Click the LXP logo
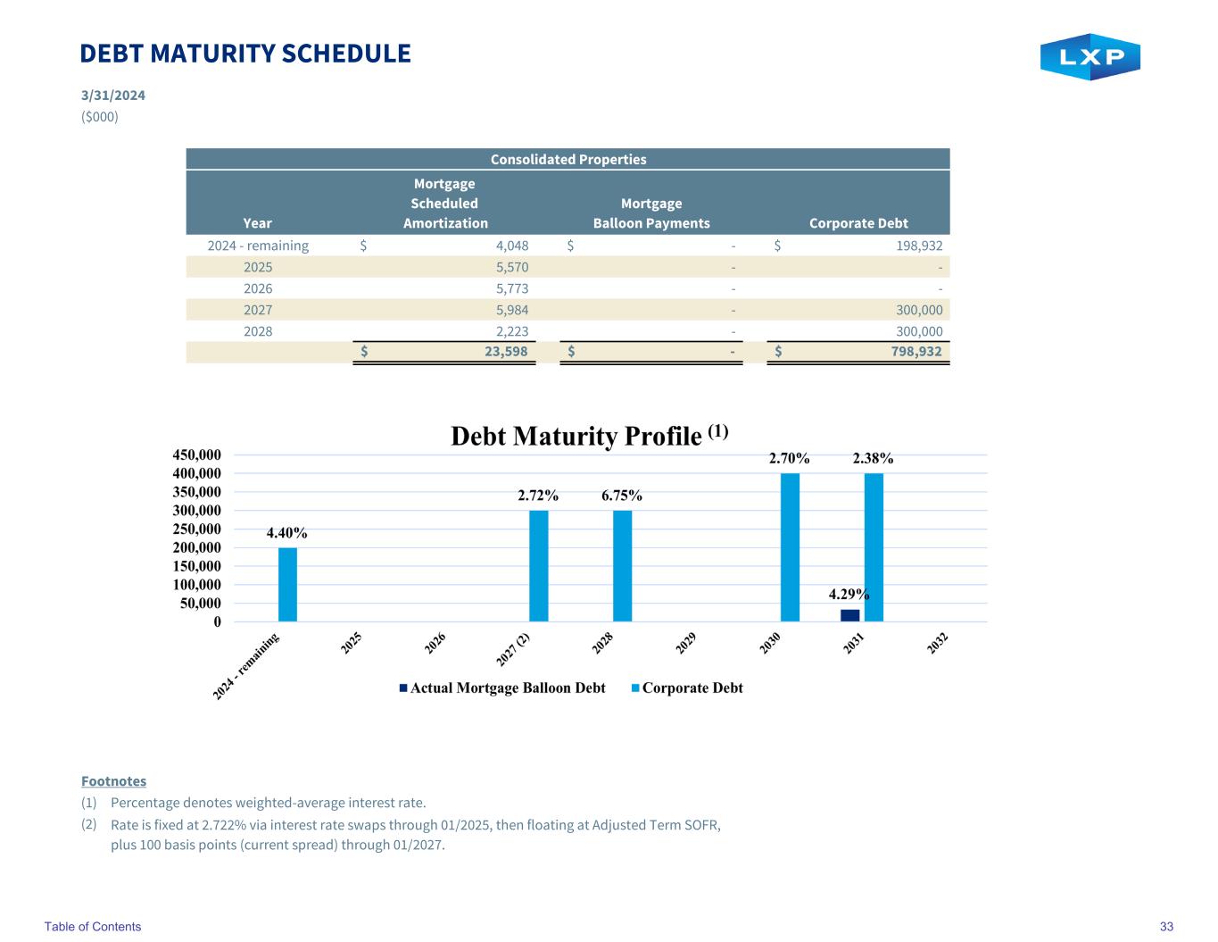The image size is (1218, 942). (1090, 57)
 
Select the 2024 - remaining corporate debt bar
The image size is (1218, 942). (287, 584)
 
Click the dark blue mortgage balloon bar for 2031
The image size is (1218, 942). (849, 615)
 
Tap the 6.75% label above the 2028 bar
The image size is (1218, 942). (621, 496)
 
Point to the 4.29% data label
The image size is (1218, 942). (849, 594)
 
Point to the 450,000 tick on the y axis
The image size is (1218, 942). (196, 455)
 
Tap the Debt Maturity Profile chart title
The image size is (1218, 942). (590, 436)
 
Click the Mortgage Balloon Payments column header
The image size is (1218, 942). (651, 213)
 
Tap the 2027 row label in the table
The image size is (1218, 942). (258, 310)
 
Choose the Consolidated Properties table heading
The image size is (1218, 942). (568, 159)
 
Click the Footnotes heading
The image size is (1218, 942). (113, 781)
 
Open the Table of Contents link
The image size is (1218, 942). (93, 927)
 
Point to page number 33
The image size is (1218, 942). (1166, 927)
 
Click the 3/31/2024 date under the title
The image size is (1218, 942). (113, 96)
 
